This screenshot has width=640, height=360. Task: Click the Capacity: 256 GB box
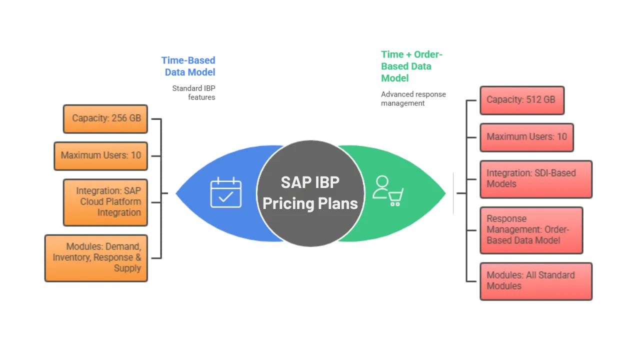106,119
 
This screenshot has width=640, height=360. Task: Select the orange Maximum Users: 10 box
100,155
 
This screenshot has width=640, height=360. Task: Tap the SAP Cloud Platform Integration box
106,202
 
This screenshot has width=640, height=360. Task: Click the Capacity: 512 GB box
521,99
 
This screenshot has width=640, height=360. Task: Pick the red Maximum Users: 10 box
526,136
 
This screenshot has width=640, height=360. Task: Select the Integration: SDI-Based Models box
535,178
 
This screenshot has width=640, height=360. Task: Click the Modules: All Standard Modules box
535,281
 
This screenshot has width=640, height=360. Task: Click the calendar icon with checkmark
226,192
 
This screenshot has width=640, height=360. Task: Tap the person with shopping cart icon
388,190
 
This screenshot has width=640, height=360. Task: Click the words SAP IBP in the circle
310,182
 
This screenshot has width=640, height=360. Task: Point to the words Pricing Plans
310,203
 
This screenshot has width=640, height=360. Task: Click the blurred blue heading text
189,66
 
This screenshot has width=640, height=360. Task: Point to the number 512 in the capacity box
532,99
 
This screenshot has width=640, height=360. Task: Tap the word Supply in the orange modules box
127,268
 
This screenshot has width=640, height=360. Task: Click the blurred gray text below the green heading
412,98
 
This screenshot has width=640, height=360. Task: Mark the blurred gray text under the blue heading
195,91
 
